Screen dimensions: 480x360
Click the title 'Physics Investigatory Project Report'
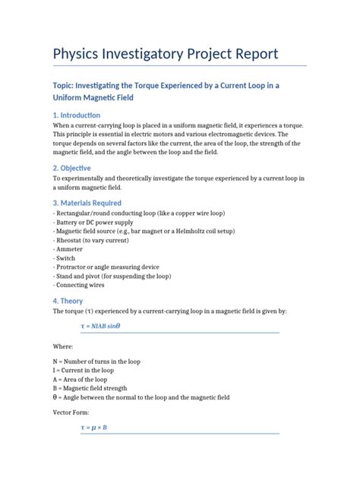pos(166,55)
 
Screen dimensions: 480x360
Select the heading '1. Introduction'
pos(82,115)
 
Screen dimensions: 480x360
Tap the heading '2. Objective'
pos(71,168)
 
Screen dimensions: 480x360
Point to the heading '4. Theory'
pos(68,300)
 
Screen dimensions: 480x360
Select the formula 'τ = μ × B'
pos(93,428)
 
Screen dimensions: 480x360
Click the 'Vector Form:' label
pos(71,412)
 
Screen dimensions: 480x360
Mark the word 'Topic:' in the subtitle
pos(68,86)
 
